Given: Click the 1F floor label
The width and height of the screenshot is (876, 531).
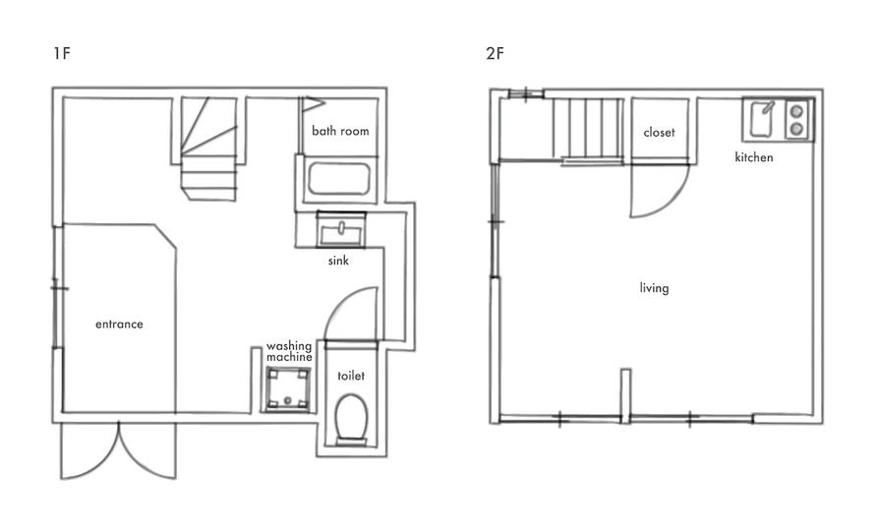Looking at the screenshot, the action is click(62, 54).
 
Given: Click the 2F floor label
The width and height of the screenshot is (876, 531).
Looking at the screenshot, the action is click(495, 54).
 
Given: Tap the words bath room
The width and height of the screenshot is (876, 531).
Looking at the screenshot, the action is click(340, 131).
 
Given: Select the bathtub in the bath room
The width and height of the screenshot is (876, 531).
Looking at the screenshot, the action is click(339, 179).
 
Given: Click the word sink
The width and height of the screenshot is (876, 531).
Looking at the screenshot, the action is click(338, 261).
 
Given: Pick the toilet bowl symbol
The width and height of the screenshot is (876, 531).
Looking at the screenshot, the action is click(351, 418).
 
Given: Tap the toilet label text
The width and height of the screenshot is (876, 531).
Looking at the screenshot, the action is click(351, 376).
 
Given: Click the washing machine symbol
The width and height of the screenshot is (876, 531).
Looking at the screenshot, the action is click(288, 389).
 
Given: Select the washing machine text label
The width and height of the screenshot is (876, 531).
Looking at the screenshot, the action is click(289, 352).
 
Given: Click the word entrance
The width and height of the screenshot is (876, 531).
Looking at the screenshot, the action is click(119, 324).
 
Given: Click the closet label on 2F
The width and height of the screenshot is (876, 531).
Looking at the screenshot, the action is click(660, 133).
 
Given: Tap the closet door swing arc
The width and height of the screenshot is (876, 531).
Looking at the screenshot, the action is click(674, 199).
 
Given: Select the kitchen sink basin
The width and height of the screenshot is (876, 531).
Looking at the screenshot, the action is click(762, 119).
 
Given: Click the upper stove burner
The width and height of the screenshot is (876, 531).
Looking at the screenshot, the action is click(797, 111).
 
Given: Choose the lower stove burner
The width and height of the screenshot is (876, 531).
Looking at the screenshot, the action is click(797, 129).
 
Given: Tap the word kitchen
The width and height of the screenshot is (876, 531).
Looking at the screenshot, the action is click(754, 157).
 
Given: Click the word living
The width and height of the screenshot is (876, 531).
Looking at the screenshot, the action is click(654, 288).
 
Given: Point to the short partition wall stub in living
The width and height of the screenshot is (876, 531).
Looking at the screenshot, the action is click(625, 393).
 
